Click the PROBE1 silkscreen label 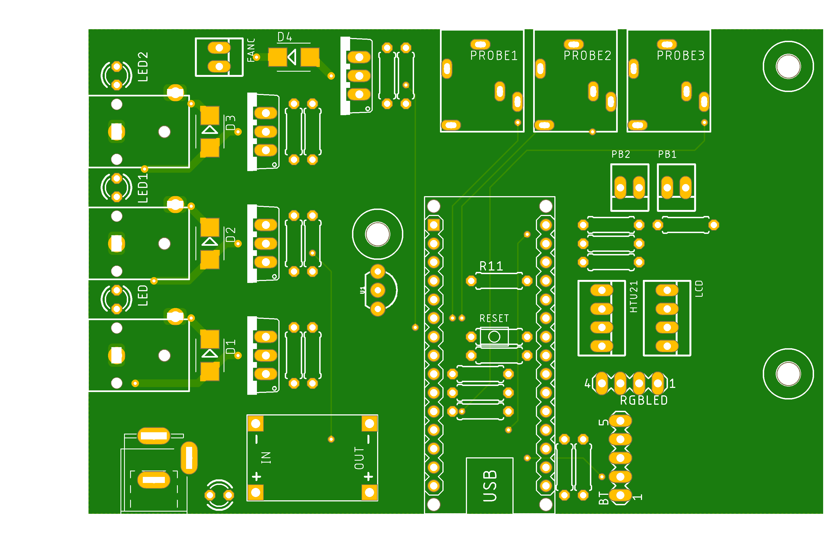(494, 56)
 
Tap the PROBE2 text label (587, 56)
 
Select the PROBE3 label (680, 56)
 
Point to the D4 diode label (284, 37)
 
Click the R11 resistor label (491, 266)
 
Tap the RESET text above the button (494, 318)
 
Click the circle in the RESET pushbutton (494, 337)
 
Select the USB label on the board (490, 486)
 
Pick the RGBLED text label (643, 400)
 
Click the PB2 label (621, 154)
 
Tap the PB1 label (667, 154)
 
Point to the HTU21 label (633, 297)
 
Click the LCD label (699, 288)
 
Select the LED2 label (143, 66)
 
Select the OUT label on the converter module (359, 458)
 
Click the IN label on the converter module (266, 458)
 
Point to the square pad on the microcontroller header (434, 225)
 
